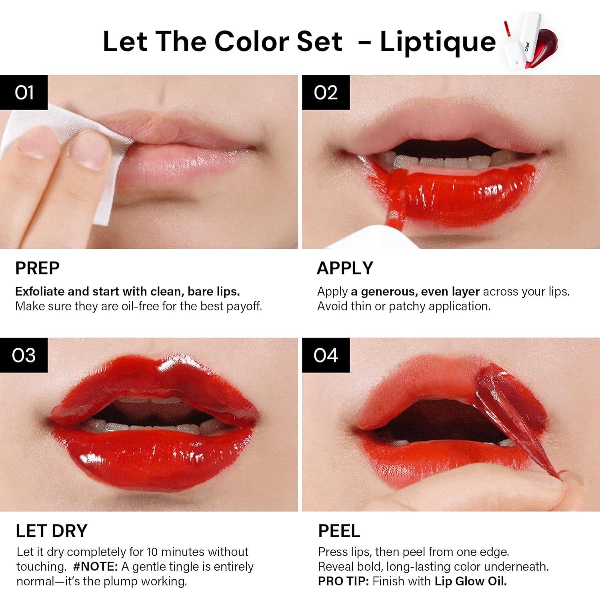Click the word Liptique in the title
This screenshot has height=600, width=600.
point(438,42)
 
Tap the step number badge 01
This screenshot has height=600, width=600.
point(24,92)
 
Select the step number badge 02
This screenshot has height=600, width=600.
point(326,92)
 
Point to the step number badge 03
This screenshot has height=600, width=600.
point(24,355)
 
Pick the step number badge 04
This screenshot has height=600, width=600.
point(326,355)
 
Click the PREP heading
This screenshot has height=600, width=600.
point(37,268)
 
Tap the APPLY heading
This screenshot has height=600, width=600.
point(345,268)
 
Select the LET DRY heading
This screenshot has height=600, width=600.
point(51,531)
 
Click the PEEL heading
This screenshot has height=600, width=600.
point(339,531)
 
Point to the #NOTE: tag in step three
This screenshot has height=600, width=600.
point(96,566)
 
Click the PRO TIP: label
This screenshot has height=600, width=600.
point(343,581)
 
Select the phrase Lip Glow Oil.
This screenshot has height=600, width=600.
point(470,581)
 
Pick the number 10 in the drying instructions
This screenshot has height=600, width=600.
point(152,552)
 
